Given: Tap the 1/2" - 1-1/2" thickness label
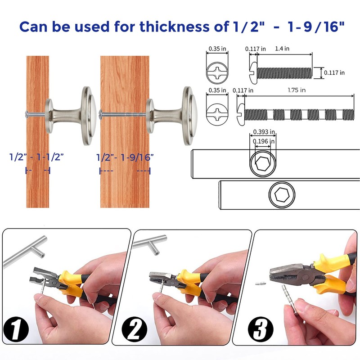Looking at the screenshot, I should pyautogui.click(x=37, y=157).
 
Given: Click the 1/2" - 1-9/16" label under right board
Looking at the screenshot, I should pyautogui.click(x=125, y=157).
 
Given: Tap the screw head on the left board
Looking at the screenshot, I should pyautogui.click(x=28, y=114).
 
